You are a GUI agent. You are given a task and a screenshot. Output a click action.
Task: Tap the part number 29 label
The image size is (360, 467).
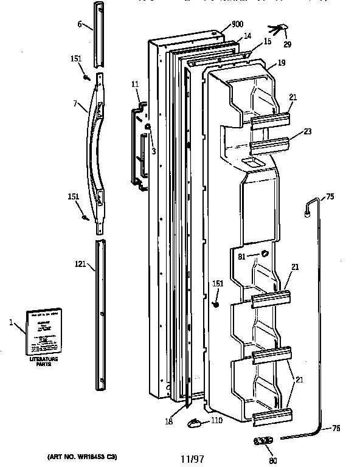pyautogui.click(x=287, y=44)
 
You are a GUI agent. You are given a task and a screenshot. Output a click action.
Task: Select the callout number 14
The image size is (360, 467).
pyautogui.click(x=247, y=36)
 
